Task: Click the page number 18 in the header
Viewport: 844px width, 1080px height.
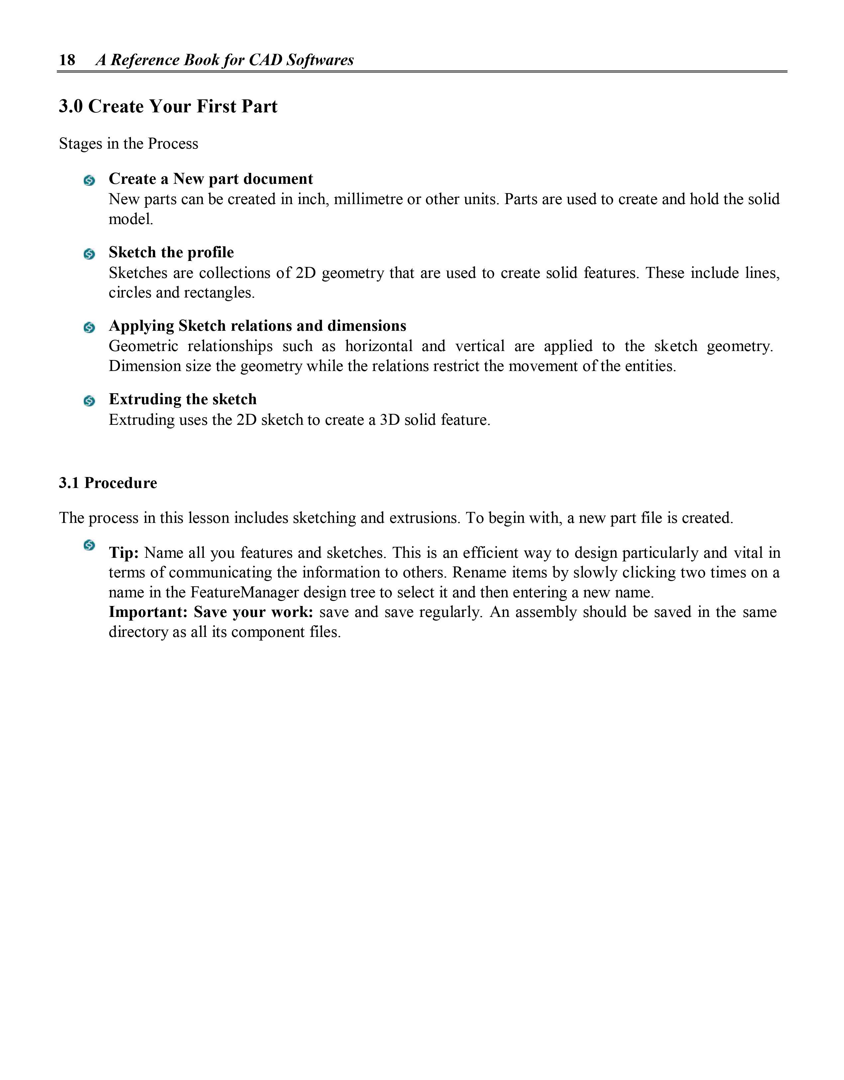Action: [x=67, y=60]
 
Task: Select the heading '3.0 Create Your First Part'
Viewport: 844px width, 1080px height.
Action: [x=168, y=106]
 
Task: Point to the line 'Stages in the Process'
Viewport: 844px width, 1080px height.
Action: [x=129, y=143]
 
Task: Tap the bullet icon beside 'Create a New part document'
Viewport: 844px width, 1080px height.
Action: [x=89, y=180]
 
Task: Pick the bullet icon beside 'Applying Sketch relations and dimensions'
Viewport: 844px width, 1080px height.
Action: [x=89, y=327]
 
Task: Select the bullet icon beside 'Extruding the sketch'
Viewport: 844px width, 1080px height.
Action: [x=89, y=401]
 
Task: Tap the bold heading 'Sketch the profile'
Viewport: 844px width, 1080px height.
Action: [x=171, y=252]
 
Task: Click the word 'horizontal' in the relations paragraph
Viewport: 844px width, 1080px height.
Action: [x=379, y=346]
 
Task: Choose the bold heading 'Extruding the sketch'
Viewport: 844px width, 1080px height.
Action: [x=182, y=399]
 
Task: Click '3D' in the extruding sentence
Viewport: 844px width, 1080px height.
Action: [x=389, y=420]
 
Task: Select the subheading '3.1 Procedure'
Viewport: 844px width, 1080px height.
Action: [x=108, y=483]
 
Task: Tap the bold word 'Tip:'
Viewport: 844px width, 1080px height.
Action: [x=124, y=553]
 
